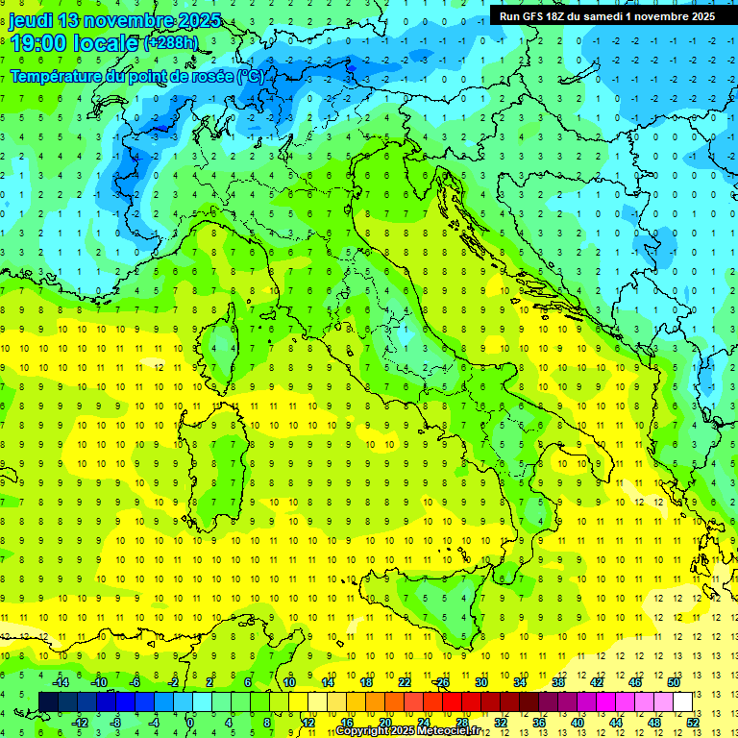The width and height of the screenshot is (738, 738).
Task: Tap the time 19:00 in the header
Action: [x=39, y=43]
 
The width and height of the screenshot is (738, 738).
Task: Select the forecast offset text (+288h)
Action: [x=173, y=43]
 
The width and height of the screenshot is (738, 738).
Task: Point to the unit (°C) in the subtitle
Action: [x=251, y=75]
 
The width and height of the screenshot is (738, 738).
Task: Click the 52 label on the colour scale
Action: [x=693, y=722]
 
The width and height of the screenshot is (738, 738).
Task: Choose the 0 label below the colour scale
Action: [x=190, y=722]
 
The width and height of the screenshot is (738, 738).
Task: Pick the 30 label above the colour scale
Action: [x=480, y=682]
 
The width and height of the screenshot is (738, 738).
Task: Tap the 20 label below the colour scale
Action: [x=384, y=722]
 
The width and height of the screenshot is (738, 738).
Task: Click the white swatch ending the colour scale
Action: [x=682, y=701]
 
